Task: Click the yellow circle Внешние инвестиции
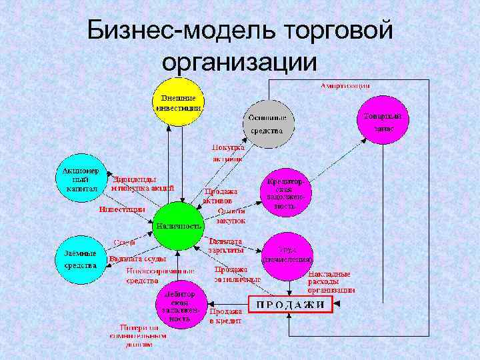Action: (178, 102)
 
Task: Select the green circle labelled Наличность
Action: (178, 225)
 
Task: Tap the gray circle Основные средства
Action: (267, 123)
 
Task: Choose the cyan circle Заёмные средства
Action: (81, 259)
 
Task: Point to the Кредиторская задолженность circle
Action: (287, 193)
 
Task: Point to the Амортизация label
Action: (345, 86)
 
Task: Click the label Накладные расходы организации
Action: (331, 281)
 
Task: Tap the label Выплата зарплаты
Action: (225, 245)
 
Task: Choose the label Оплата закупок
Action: (231, 216)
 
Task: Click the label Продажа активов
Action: (220, 195)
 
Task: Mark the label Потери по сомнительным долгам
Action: (140, 335)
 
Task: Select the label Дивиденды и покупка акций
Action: (143, 183)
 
